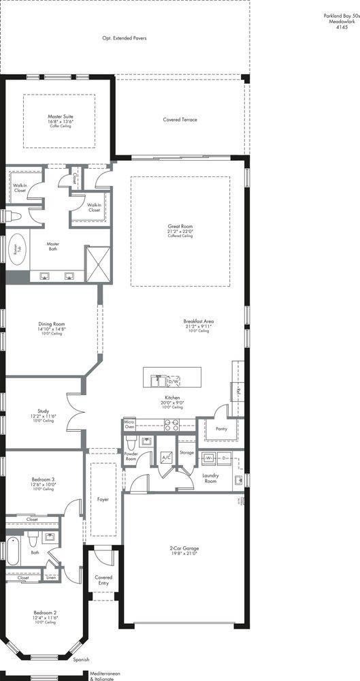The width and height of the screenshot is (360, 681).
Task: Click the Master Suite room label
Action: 60,116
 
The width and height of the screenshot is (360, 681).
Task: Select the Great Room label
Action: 180,226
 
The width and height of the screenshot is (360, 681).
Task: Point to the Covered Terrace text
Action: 180,119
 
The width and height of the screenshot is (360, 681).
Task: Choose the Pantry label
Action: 220,429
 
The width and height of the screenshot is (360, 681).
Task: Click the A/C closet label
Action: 165,457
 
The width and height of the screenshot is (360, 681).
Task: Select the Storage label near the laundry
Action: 186,452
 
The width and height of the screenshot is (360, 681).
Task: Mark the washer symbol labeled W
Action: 211,458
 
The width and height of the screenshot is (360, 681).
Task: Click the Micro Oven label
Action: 129,426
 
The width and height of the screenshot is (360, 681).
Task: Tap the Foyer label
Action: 103,499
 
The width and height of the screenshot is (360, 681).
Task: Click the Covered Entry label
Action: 103,580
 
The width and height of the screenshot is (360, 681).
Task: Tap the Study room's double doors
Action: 76,413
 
